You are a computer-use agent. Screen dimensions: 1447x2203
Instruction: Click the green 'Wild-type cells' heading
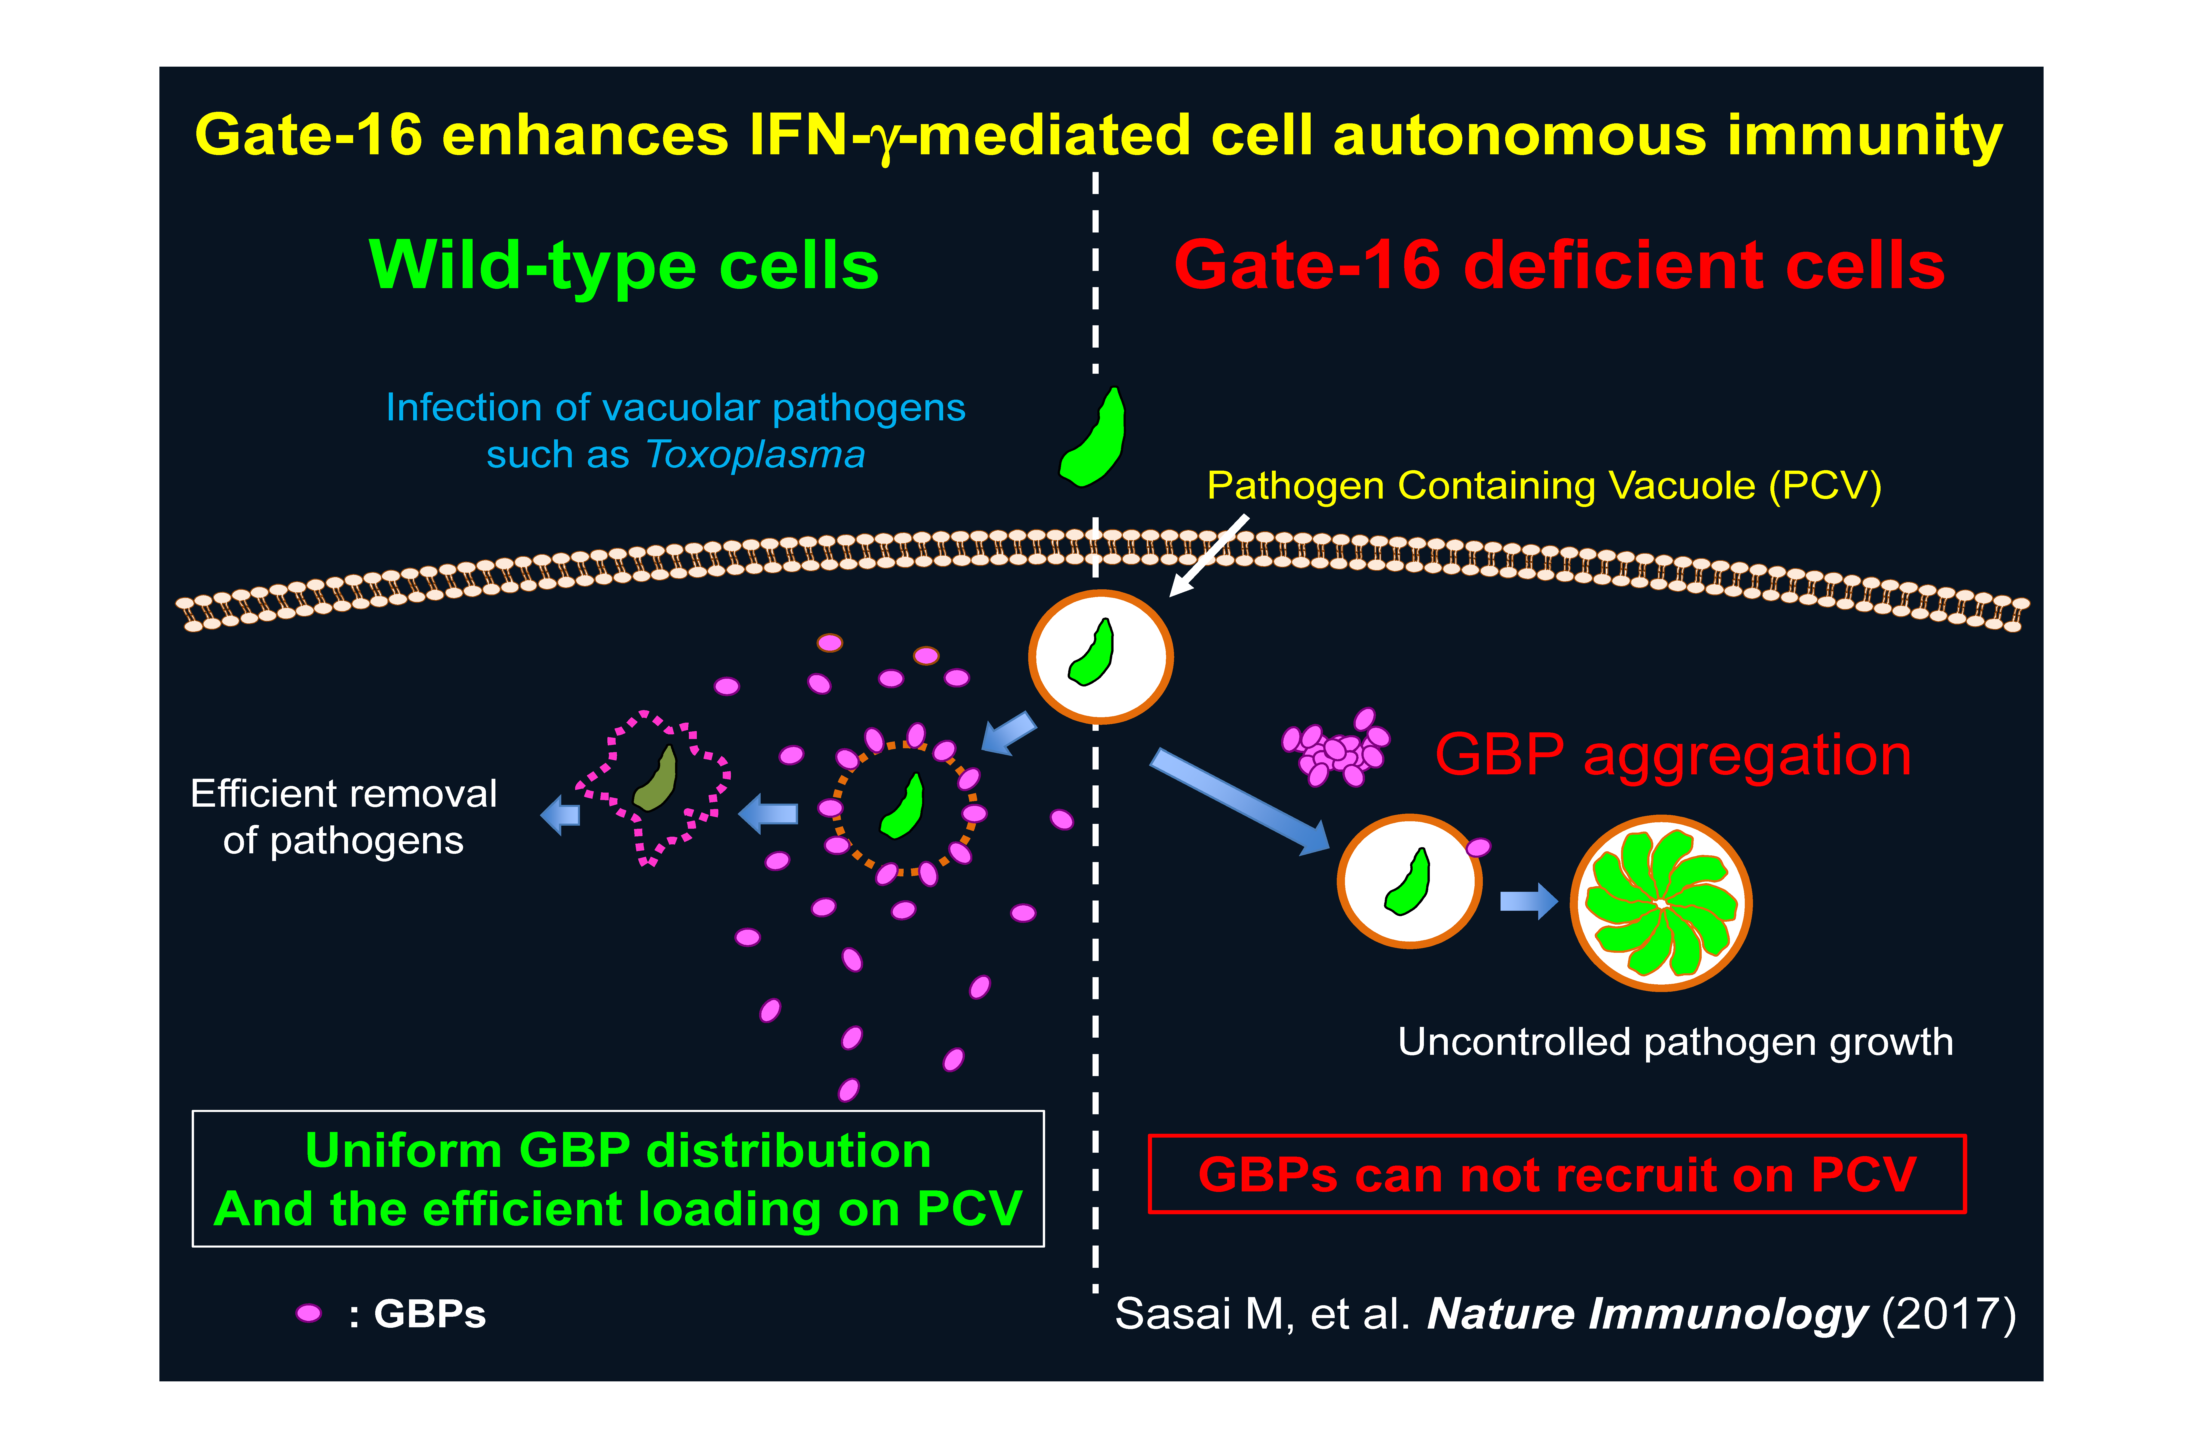pos(623,266)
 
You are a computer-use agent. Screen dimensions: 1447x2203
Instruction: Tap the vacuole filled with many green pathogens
pos(1661,903)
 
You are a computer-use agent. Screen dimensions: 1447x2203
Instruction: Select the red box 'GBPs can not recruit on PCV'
pos(1557,1174)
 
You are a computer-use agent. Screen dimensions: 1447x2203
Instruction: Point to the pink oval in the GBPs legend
pos(308,1313)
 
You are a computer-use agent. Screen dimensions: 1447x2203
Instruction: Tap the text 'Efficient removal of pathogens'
pos(343,816)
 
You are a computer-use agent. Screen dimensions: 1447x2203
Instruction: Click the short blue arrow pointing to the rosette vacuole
pos(1527,901)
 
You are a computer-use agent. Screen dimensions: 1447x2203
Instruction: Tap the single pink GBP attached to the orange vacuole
pos(1478,846)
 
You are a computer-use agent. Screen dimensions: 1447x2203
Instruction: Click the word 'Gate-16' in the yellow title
pos(308,135)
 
